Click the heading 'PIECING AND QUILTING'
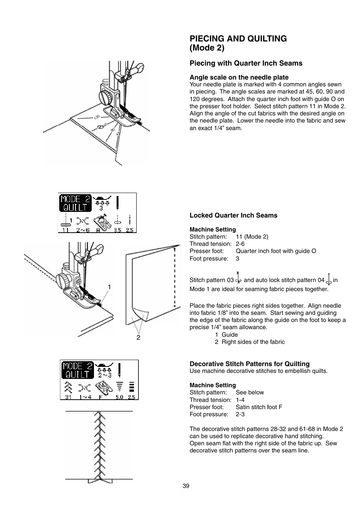click(x=238, y=38)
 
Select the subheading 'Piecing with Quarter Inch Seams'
click(x=246, y=63)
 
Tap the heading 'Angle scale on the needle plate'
click(x=239, y=77)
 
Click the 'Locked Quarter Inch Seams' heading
click(x=233, y=215)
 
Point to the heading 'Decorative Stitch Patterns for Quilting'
click(x=249, y=364)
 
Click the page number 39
click(x=186, y=486)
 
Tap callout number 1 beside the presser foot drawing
click(x=109, y=287)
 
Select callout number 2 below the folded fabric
click(x=138, y=337)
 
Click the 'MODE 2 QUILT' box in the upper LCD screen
click(x=75, y=203)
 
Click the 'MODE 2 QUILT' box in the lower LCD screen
click(x=78, y=370)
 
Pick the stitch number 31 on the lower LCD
click(x=68, y=397)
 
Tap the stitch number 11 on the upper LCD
click(x=66, y=230)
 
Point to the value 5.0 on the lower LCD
click(x=120, y=397)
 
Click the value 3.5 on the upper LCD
click(x=118, y=230)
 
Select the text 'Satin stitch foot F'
click(x=259, y=407)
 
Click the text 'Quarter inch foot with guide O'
click(x=276, y=251)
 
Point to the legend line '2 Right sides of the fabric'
click(x=250, y=342)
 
